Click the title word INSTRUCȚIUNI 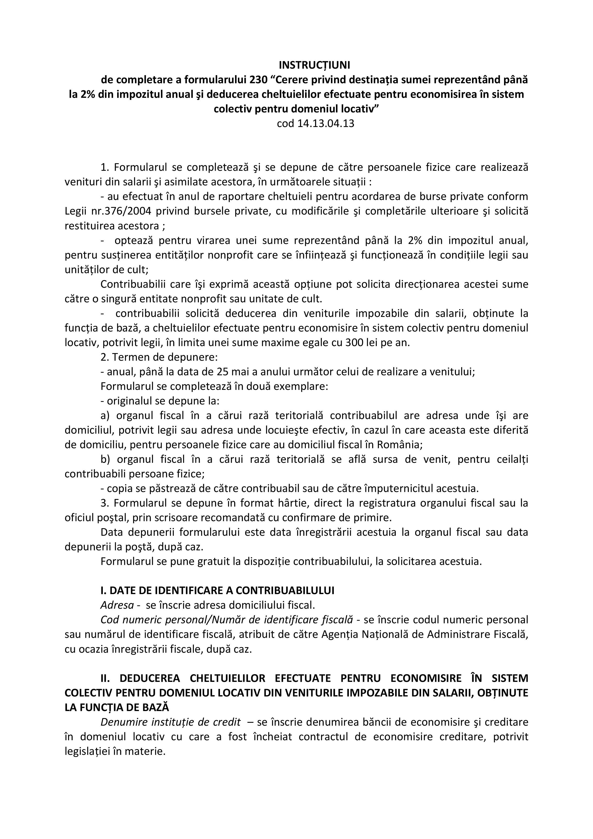(314, 65)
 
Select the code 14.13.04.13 (325, 123)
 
